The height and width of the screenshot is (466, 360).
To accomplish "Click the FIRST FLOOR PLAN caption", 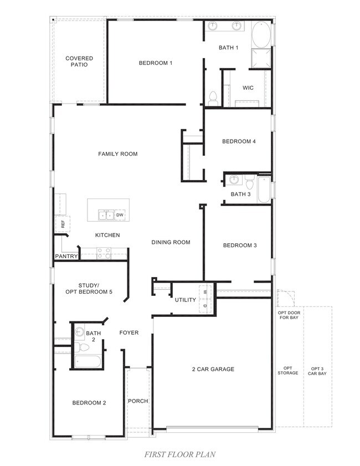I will [179, 454].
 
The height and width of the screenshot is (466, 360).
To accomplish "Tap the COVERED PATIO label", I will [79, 62].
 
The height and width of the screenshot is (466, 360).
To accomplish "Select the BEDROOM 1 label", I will [155, 63].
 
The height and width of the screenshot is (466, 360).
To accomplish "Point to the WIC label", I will [248, 88].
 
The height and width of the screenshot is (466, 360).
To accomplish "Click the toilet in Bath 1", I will [213, 98].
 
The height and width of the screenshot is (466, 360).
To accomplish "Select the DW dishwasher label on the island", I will [120, 214].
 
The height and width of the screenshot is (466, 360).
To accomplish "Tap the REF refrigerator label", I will [63, 224].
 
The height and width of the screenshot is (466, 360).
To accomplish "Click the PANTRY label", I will [66, 257].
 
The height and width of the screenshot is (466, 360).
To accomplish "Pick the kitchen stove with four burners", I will [104, 253].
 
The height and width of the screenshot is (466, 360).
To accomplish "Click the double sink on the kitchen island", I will [106, 215].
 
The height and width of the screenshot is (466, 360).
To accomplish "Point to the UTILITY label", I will [186, 300].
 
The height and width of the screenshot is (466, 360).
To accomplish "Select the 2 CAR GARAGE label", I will [213, 369].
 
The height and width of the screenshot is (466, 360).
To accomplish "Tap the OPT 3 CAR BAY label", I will [318, 371].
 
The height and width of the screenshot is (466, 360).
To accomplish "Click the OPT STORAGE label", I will [287, 371].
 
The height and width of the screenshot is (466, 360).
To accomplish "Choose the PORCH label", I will [138, 401].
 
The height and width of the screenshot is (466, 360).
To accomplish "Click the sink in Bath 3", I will [234, 180].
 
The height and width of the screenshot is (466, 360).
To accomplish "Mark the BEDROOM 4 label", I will [239, 141].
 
